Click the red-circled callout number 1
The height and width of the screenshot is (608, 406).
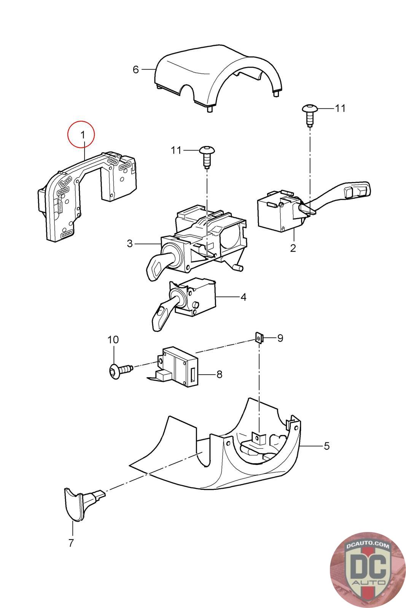pyautogui.click(x=83, y=135)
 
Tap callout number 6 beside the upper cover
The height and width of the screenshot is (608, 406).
pyautogui.click(x=135, y=70)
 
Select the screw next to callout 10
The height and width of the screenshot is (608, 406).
pyautogui.click(x=119, y=369)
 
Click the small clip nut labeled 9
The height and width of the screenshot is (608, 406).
pyautogui.click(x=259, y=338)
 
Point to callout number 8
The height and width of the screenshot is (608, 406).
pyautogui.click(x=219, y=375)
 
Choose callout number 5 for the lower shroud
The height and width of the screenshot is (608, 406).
pyautogui.click(x=326, y=446)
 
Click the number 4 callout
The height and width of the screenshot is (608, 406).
pyautogui.click(x=244, y=297)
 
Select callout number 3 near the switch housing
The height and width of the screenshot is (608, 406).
pyautogui.click(x=130, y=244)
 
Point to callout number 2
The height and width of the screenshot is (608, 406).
pyautogui.click(x=293, y=248)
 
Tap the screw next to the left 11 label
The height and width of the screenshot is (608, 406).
pyautogui.click(x=207, y=157)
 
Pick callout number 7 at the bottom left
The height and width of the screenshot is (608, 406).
pyautogui.click(x=71, y=543)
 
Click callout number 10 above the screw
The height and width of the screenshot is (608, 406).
pyautogui.click(x=113, y=340)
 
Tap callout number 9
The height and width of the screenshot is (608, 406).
pyautogui.click(x=280, y=338)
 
